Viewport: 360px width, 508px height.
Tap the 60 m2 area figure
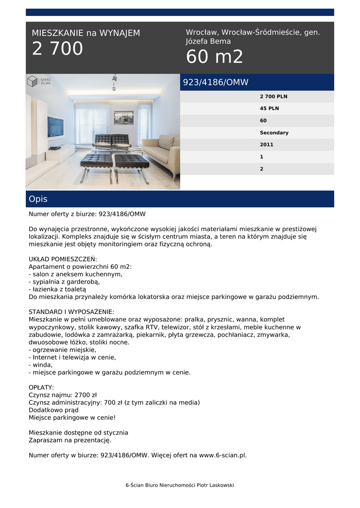pyautogui.click(x=215, y=57)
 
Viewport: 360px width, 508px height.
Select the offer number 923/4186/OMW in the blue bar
pyautogui.click(x=216, y=82)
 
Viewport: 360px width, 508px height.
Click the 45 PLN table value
pyautogui.click(x=270, y=108)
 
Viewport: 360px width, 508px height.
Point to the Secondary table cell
pyautogui.click(x=274, y=132)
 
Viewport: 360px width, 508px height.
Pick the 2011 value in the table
pyautogui.click(x=267, y=144)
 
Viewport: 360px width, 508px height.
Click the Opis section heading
pyautogui.click(x=38, y=199)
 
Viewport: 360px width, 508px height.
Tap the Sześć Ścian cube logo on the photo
pyautogui.click(x=33, y=81)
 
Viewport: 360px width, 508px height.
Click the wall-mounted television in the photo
pyautogui.click(x=55, y=126)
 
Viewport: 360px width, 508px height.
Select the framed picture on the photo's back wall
pyautogui.click(x=123, y=118)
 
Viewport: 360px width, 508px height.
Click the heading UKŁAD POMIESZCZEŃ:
pyautogui.click(x=63, y=259)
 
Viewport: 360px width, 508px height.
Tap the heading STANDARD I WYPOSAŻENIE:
pyautogui.click(x=72, y=312)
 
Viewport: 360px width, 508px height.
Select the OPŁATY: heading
pyautogui.click(x=42, y=387)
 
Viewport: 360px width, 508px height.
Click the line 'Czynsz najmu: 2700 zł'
pyautogui.click(x=63, y=395)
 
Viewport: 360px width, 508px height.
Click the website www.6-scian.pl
pyautogui.click(x=222, y=455)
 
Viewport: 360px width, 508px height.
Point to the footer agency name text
pyautogui.click(x=179, y=485)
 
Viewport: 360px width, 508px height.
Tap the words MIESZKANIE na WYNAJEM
pyautogui.click(x=86, y=33)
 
